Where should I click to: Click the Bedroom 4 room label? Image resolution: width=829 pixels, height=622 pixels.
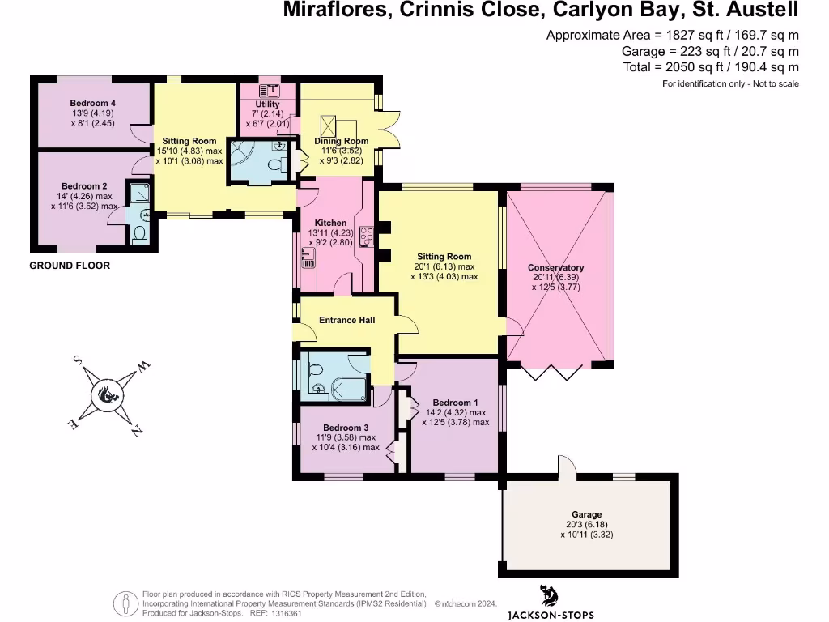click(x=92, y=103)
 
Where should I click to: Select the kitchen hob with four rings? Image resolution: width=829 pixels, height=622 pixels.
click(x=366, y=236)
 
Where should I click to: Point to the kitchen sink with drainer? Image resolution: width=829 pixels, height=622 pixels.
click(x=307, y=258)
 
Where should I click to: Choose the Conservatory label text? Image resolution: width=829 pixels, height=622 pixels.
click(x=555, y=268)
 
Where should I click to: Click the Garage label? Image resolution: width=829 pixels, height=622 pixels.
click(x=587, y=514)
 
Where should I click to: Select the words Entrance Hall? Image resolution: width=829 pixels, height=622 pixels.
click(x=346, y=320)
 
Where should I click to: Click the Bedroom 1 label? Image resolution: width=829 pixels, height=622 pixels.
click(x=455, y=403)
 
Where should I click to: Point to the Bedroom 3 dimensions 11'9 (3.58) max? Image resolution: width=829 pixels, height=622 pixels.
click(x=346, y=437)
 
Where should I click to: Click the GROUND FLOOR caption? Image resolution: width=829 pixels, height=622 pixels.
click(x=70, y=266)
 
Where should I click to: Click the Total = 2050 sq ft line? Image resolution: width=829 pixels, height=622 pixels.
click(x=711, y=67)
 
